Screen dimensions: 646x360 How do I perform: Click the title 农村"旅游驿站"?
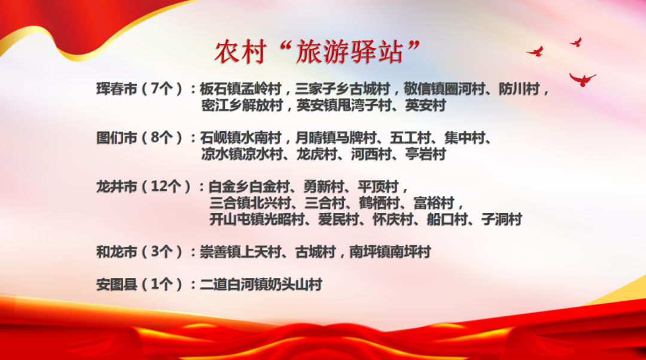click(x=317, y=52)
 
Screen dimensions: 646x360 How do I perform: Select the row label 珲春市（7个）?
click(x=139, y=89)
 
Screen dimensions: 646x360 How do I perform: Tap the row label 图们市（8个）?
click(x=139, y=137)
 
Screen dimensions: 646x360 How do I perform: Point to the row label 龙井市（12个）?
click(x=144, y=186)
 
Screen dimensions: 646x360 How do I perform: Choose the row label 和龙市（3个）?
click(x=139, y=251)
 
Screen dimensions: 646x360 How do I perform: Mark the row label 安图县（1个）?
click(x=139, y=284)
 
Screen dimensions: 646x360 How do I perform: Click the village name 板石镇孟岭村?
click(x=240, y=89)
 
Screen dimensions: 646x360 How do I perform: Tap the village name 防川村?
click(x=519, y=89)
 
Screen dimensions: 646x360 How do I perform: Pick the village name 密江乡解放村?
click(x=242, y=105)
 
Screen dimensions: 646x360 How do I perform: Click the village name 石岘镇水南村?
click(x=240, y=137)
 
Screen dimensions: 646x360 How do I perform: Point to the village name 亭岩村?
click(x=426, y=154)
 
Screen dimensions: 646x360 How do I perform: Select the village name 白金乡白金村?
click(x=249, y=186)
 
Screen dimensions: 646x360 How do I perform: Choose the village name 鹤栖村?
click(x=379, y=203)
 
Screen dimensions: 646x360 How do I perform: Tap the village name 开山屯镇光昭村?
click(x=257, y=219)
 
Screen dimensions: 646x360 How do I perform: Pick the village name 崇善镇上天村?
click(x=240, y=251)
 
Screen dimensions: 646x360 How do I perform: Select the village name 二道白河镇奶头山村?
click(x=261, y=284)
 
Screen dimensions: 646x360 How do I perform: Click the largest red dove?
click(x=582, y=79)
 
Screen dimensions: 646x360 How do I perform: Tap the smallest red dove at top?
click(x=577, y=42)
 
